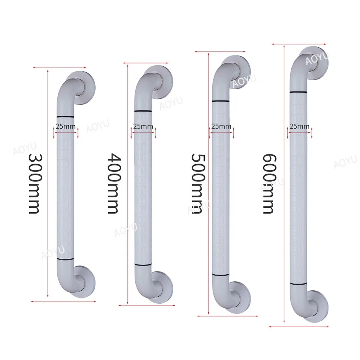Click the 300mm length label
[x=34, y=183]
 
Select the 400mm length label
[x=113, y=183]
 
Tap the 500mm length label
[x=197, y=183]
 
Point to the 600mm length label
[x=268, y=183]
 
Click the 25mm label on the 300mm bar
[x=66, y=126]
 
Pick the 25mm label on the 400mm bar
[x=143, y=126]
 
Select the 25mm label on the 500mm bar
[x=221, y=126]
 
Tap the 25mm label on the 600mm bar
[x=300, y=126]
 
